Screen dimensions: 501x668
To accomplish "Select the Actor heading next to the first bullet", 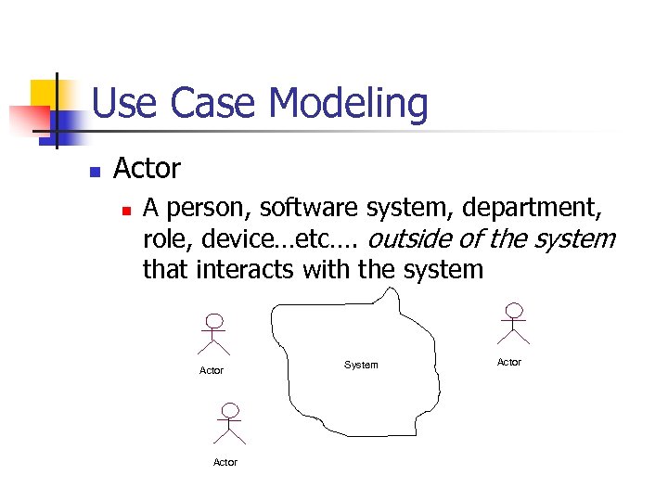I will [x=147, y=169].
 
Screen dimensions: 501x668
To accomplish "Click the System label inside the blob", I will [x=361, y=365].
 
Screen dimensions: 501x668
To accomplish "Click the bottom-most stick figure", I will [x=228, y=424].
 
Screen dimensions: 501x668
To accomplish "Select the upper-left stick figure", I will [x=214, y=334].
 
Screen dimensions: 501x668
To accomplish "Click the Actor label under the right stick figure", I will [x=509, y=362].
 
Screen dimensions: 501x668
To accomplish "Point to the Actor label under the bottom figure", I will [x=225, y=462].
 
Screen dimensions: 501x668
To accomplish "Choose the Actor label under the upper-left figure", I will [x=212, y=370].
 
